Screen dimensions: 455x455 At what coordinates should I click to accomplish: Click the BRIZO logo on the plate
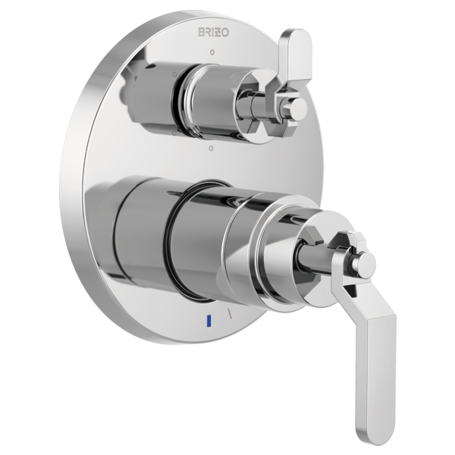pyautogui.click(x=213, y=32)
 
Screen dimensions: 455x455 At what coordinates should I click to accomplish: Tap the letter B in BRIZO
pyautogui.click(x=202, y=32)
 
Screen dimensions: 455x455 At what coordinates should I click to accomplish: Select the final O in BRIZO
pyautogui.click(x=225, y=33)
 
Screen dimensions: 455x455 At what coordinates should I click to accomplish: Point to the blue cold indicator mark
pyautogui.click(x=208, y=321)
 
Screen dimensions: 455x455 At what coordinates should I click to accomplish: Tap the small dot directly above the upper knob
pyautogui.click(x=212, y=52)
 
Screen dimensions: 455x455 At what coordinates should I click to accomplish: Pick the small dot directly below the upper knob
pyautogui.click(x=212, y=148)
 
